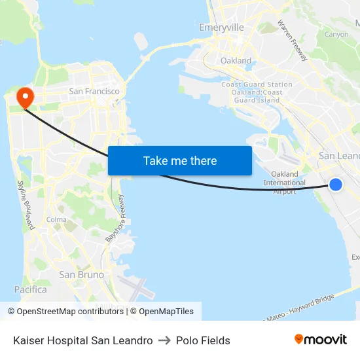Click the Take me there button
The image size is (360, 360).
point(180,161)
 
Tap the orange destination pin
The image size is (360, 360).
point(26,98)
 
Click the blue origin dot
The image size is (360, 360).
point(335,185)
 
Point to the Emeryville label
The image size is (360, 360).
point(221,27)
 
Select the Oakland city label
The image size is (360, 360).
point(236,61)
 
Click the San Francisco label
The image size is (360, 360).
point(94,92)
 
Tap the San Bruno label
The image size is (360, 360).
point(81,275)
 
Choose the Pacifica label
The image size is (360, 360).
point(31,289)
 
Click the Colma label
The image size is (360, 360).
point(56,220)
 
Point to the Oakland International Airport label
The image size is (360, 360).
point(284,183)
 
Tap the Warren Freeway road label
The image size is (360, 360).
point(292,41)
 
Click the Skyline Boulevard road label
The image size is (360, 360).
point(26,205)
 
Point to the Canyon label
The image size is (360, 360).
point(336,34)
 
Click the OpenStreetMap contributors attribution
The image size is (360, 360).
point(65,312)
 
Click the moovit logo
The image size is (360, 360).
point(320,339)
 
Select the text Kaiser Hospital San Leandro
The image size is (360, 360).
point(83,340)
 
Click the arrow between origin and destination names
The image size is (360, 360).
point(164,340)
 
